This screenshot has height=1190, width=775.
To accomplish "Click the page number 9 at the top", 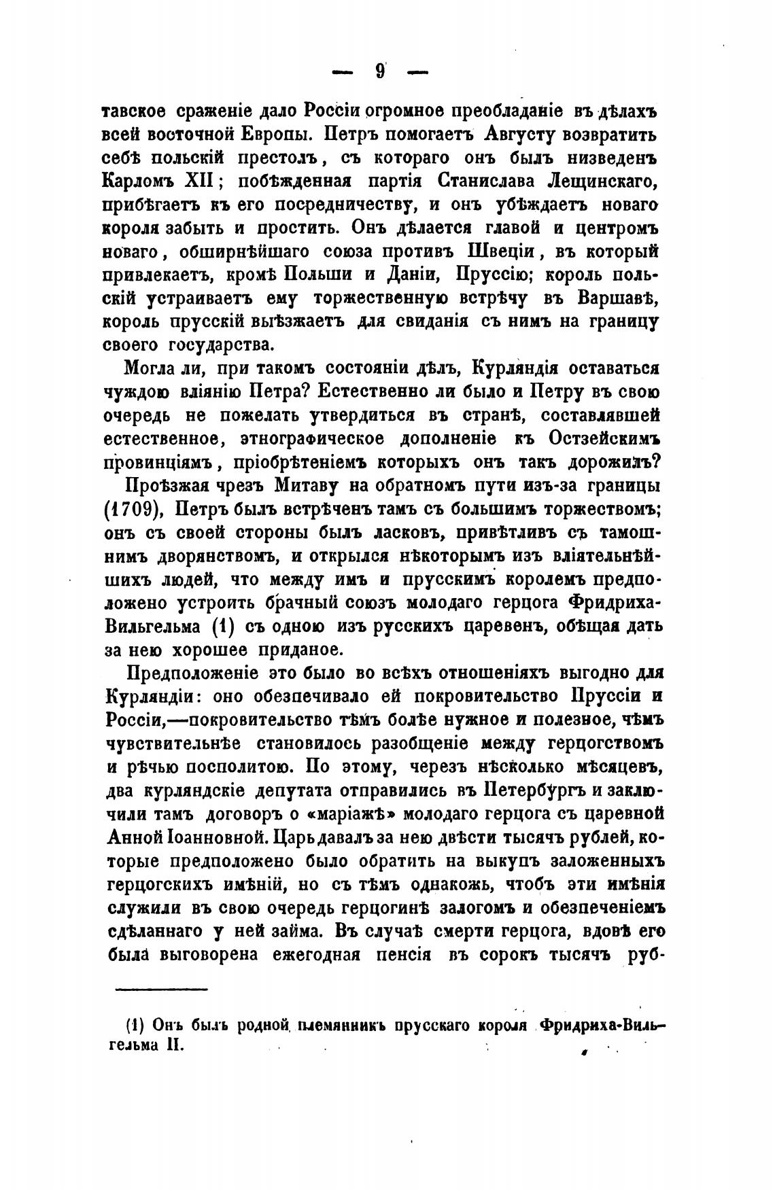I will (x=380, y=71).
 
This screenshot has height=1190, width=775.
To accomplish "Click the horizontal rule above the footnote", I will (x=160, y=989).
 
